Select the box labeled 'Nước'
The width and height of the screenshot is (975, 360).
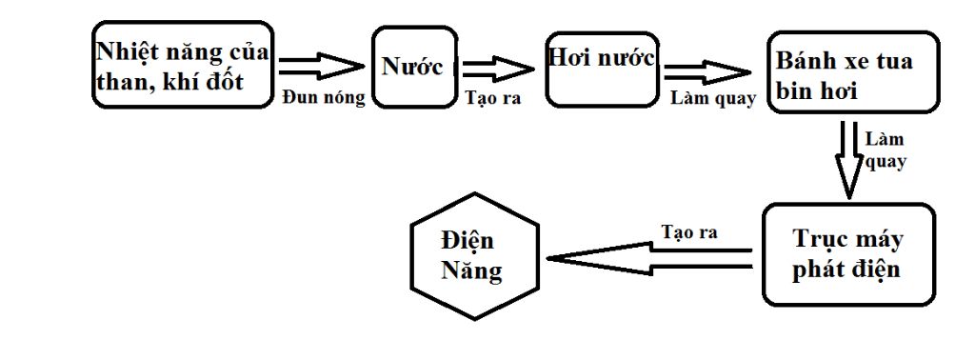(x=412, y=67)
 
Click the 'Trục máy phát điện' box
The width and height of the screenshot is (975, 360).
(x=845, y=253)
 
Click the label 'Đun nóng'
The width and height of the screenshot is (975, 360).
(x=324, y=98)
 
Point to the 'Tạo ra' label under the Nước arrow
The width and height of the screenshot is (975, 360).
(x=492, y=98)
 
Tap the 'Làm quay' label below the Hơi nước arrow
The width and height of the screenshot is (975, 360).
(x=713, y=99)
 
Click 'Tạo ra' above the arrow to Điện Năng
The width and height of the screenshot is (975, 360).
(x=689, y=232)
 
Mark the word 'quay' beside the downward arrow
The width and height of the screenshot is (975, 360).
(x=886, y=161)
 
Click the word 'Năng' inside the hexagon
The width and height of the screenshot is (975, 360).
(x=471, y=270)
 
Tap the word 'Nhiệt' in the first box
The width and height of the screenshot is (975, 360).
(x=126, y=51)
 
